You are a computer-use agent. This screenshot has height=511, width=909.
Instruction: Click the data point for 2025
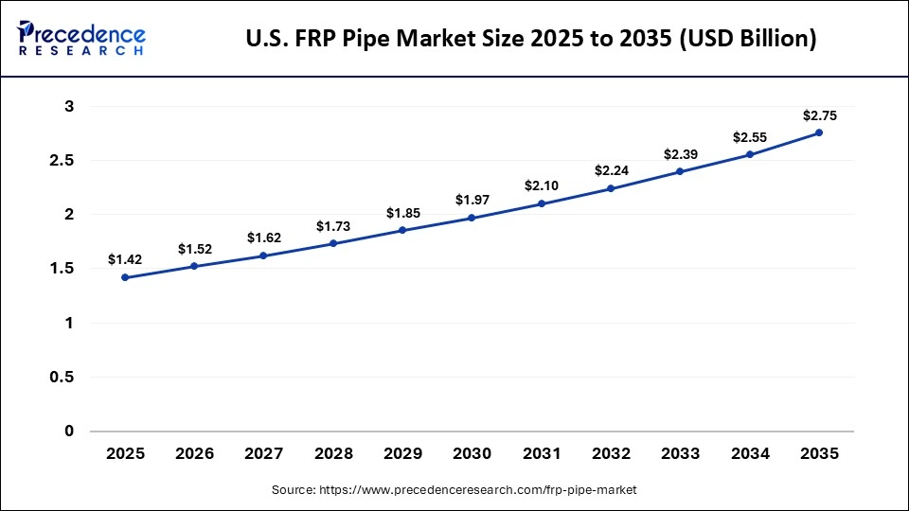[x=125, y=277]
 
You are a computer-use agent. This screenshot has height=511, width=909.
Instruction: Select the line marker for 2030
[x=472, y=218]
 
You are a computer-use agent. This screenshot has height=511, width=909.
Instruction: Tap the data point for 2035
[x=819, y=132]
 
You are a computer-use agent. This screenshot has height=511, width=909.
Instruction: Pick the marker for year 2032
[x=611, y=188]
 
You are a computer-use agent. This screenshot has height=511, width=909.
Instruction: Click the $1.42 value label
[x=125, y=258]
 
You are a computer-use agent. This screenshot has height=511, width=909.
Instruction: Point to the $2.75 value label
[x=819, y=115]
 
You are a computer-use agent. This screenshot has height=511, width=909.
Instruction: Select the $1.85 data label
[x=402, y=213]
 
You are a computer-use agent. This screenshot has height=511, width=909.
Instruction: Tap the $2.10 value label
[x=542, y=186]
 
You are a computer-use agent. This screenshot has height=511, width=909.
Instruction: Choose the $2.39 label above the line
[x=680, y=154]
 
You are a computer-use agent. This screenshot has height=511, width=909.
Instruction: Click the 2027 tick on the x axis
[x=263, y=454]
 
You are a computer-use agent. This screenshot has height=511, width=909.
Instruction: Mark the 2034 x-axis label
[x=750, y=454]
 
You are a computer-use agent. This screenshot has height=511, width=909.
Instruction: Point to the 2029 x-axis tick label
[x=402, y=454]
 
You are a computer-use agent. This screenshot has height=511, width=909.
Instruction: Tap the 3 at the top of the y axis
[x=69, y=107]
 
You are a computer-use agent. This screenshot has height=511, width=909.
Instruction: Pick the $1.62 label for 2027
[x=263, y=238]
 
